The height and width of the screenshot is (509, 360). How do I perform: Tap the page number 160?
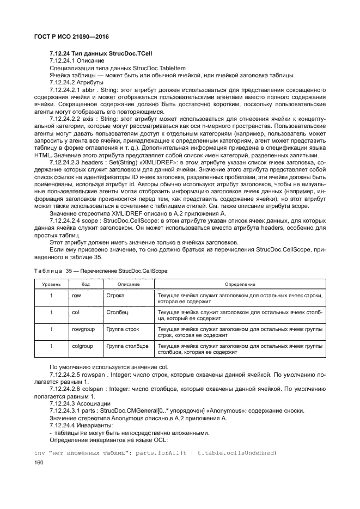[x=39, y=463]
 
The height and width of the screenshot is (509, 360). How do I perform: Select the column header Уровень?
[x=51, y=284]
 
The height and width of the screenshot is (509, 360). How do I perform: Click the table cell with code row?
[x=76, y=295]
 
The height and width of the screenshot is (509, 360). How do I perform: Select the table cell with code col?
[x=76, y=312]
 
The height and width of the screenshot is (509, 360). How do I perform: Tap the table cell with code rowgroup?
[x=82, y=329]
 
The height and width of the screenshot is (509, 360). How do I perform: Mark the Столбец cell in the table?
[x=118, y=312]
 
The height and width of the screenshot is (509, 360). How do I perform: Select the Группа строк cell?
[x=123, y=329]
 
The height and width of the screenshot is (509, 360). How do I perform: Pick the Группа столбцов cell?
[x=127, y=346]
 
